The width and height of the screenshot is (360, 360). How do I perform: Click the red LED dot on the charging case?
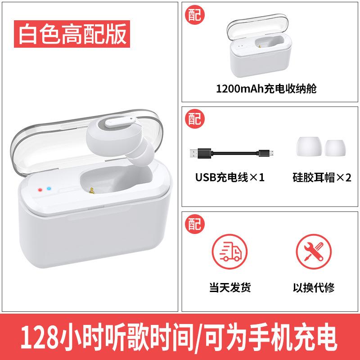click(41, 190)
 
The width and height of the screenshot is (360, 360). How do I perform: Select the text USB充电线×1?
click(229, 177)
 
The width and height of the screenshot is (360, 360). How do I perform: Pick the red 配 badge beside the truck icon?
click(195, 223)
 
